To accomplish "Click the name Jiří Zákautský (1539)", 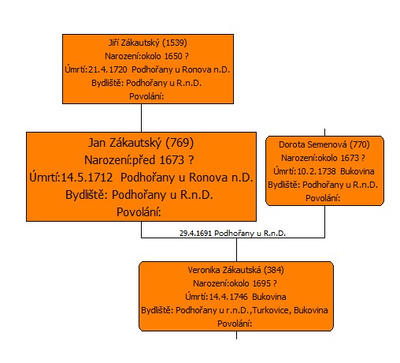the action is [x=148, y=43].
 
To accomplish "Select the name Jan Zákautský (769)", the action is [x=141, y=143].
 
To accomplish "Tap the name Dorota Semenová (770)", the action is [x=324, y=144].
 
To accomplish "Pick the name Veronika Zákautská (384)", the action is [x=235, y=270].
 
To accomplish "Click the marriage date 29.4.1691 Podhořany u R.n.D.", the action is [x=232, y=234].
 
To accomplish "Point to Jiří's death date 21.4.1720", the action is [x=108, y=69].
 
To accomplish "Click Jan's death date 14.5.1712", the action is [x=87, y=178].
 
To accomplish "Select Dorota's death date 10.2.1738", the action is [x=317, y=171].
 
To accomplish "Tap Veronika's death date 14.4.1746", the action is [x=228, y=297].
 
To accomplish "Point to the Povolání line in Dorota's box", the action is [x=323, y=198].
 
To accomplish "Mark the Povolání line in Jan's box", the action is [x=139, y=212].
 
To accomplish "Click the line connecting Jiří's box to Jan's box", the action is [x=141, y=118].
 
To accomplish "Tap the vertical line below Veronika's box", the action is [x=236, y=335].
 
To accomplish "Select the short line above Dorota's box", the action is [x=324, y=133].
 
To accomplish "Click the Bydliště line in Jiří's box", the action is [x=146, y=83].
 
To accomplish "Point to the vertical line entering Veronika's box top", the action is [x=236, y=249].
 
